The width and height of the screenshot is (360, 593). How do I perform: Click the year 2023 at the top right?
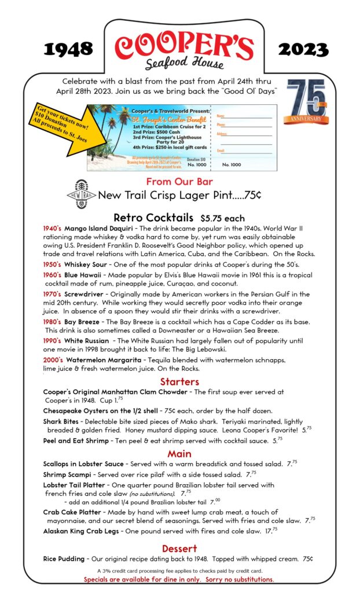click(304, 50)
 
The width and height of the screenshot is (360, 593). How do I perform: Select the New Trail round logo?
click(80, 196)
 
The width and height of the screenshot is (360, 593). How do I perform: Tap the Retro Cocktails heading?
click(153, 218)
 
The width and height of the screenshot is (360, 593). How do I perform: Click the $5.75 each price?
click(223, 219)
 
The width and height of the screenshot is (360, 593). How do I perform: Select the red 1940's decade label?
click(53, 229)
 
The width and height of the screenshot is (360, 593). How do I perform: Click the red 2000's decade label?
click(53, 360)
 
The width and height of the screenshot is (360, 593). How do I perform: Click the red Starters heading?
click(179, 382)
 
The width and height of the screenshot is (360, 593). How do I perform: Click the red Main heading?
click(179, 453)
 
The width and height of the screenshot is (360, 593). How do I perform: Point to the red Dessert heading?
click(179, 548)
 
